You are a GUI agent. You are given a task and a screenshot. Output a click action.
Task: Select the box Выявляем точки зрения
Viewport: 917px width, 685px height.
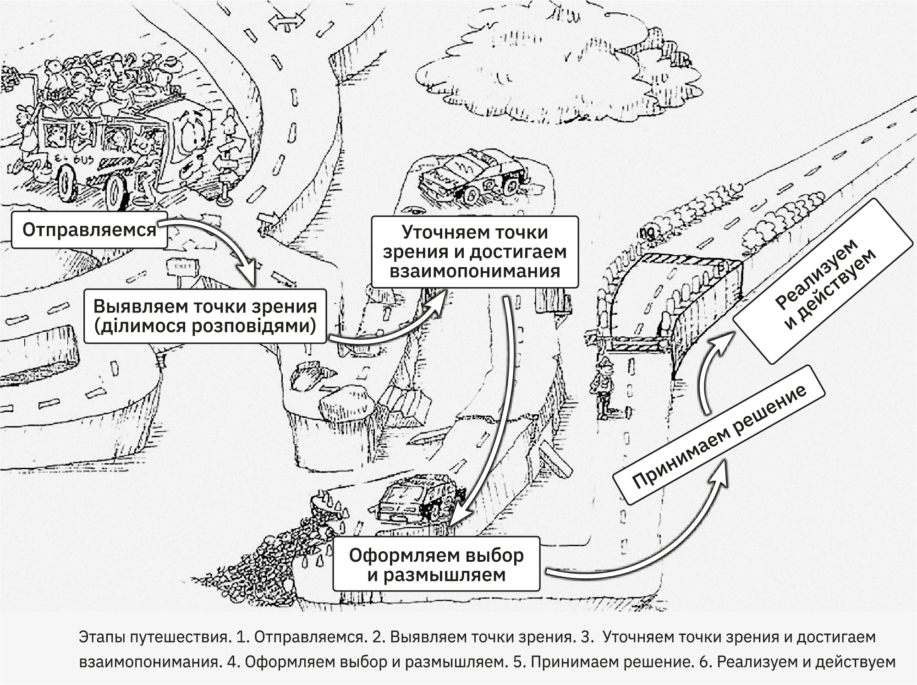(x=205, y=316)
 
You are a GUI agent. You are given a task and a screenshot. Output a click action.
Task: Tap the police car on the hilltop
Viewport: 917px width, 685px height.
(x=472, y=176)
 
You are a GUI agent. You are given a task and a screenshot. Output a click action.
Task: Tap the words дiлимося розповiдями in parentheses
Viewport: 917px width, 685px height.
(x=205, y=326)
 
